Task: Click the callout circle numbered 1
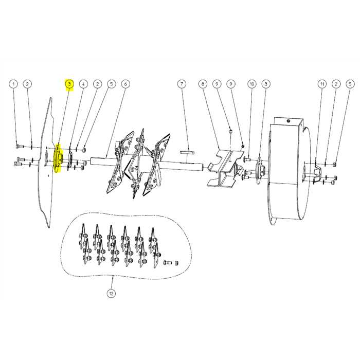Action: click(x=14, y=83)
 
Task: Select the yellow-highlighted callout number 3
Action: click(x=69, y=83)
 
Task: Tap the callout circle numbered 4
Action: click(x=83, y=83)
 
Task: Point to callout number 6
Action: click(x=125, y=83)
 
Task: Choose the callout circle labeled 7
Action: click(x=181, y=83)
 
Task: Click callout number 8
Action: click(x=203, y=83)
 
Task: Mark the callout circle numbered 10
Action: click(x=251, y=83)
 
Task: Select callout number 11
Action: click(x=321, y=83)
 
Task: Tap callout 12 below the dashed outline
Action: click(x=111, y=294)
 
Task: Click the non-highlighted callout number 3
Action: click(x=265, y=83)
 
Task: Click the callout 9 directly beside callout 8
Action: click(x=217, y=83)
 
